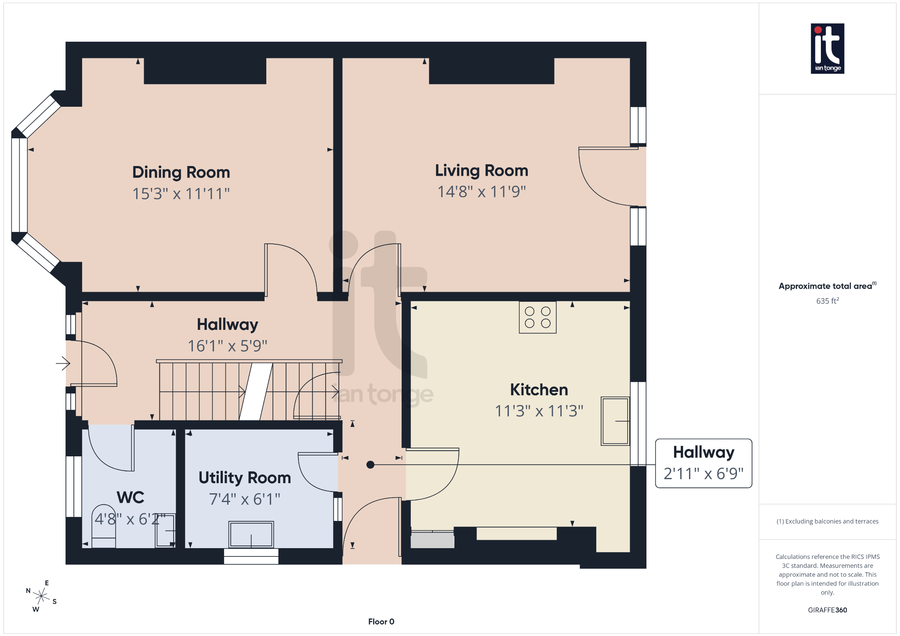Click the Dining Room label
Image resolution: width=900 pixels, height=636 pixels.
(181, 172)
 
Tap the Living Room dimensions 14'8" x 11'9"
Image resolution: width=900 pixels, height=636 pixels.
(482, 192)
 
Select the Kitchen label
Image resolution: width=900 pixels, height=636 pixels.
(539, 390)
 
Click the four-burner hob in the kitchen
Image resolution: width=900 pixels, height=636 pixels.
(537, 317)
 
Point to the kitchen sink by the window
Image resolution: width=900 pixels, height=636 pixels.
(615, 421)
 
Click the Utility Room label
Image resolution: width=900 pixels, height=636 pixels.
(245, 477)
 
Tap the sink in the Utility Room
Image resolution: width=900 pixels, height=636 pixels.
(251, 534)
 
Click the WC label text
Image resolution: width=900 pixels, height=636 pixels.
(131, 497)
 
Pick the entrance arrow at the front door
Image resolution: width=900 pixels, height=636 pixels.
(63, 363)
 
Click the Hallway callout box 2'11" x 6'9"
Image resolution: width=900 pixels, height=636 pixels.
(704, 463)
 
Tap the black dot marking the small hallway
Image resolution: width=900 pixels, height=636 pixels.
(370, 465)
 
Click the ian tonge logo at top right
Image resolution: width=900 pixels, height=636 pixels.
(827, 48)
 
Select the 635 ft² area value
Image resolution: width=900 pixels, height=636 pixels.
(827, 301)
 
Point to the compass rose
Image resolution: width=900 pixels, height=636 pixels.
(41, 596)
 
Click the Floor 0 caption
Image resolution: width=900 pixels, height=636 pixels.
(381, 622)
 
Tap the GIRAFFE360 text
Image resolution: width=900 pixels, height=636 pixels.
(827, 610)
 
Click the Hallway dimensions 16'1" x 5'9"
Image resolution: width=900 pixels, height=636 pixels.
(227, 346)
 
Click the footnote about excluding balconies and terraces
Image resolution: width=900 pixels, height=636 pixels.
(827, 521)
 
